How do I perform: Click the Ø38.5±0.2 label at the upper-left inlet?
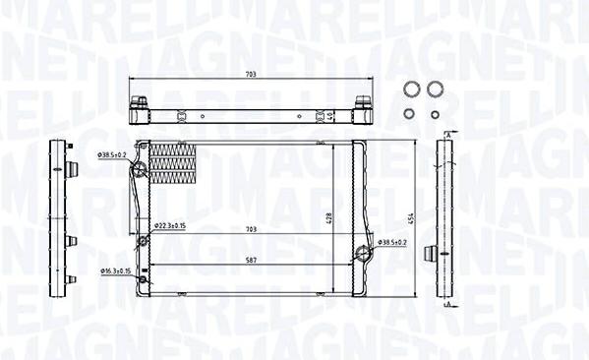111,154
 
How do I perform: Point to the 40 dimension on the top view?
331,112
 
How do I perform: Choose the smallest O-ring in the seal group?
436,114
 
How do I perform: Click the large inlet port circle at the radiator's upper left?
140,172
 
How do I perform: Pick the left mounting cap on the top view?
140,101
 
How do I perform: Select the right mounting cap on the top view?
362,101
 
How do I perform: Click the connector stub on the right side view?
430,254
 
